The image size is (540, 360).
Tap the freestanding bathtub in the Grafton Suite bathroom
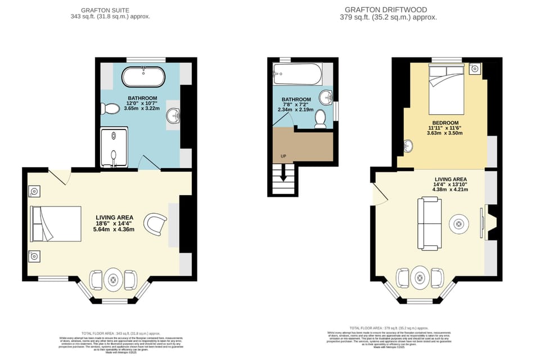point(144,76)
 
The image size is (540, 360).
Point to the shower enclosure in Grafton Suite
point(114,148)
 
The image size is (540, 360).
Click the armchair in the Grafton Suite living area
point(155,223)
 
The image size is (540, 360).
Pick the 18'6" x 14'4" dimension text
point(114,223)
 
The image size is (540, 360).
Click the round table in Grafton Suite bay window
point(114,280)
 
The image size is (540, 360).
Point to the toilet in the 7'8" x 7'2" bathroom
point(320,119)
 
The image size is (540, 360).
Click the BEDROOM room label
point(445,123)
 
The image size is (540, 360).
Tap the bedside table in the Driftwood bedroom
point(475,69)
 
